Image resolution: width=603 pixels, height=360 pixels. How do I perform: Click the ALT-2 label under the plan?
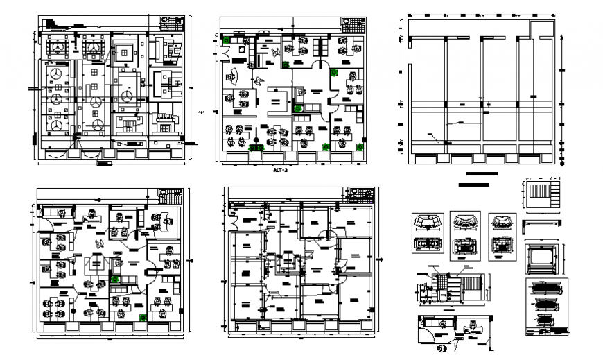point(279,168)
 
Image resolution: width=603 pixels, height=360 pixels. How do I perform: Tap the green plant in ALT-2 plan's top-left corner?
point(227,40)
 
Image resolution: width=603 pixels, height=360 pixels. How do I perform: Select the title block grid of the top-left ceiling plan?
point(172,24)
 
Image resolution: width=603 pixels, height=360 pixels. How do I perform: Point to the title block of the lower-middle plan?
point(362,194)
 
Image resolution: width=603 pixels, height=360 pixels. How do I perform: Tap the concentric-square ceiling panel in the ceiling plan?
point(125,49)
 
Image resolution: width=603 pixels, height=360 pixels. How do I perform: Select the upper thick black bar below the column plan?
point(482,173)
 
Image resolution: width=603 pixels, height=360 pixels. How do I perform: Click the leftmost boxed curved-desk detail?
point(428,234)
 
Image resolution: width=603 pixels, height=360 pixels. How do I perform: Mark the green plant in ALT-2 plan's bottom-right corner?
point(359,146)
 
